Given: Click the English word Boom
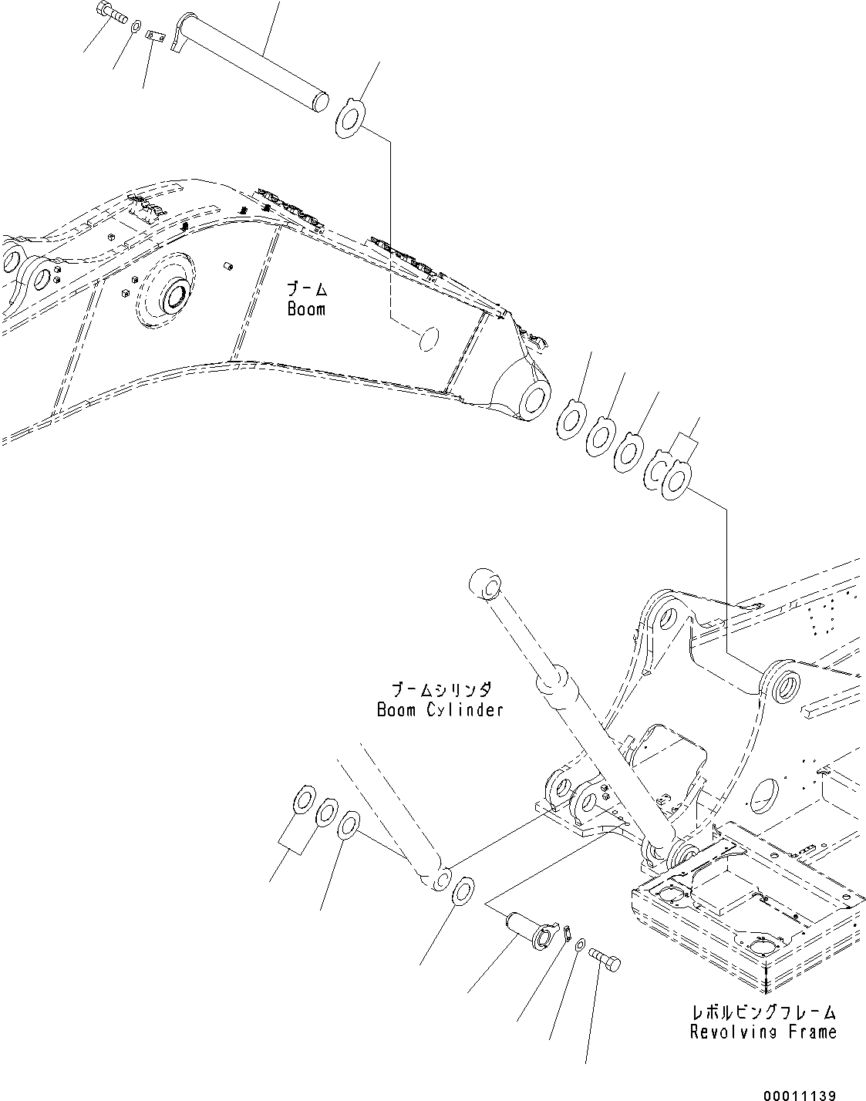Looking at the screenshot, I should coord(306,309).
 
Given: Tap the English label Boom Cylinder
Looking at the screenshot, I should coord(440,709).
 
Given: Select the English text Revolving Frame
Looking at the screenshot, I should coord(763,1032).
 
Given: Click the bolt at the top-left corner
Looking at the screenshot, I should coord(111,13).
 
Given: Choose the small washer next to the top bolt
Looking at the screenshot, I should coord(136,29).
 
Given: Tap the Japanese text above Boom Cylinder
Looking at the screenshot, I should coord(440,689).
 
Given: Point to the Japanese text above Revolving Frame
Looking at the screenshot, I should coord(763,1012).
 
